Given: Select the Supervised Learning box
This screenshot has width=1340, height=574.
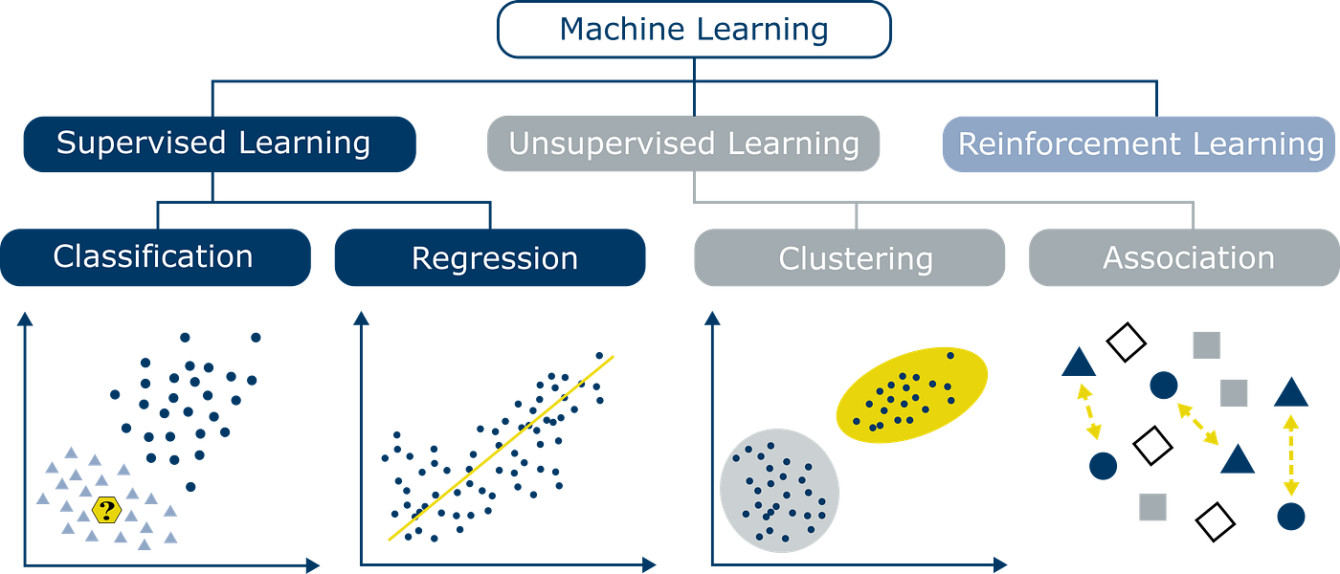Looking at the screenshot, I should coord(218,143).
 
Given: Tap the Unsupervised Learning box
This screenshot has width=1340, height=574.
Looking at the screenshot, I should coord(683,144).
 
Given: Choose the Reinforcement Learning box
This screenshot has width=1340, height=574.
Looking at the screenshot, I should coord(1139,144).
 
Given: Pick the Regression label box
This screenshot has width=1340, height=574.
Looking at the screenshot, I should coord(490,258).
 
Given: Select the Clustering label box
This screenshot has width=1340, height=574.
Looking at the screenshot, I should coord(849,258).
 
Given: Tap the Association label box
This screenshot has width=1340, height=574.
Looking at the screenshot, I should coord(1183,258).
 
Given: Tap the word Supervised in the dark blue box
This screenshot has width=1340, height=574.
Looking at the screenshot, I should coord(140,143).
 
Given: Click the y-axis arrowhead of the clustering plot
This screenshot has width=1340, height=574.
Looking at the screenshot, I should coord(710,318).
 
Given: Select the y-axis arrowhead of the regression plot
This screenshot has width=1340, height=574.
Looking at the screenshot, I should coord(361,318).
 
